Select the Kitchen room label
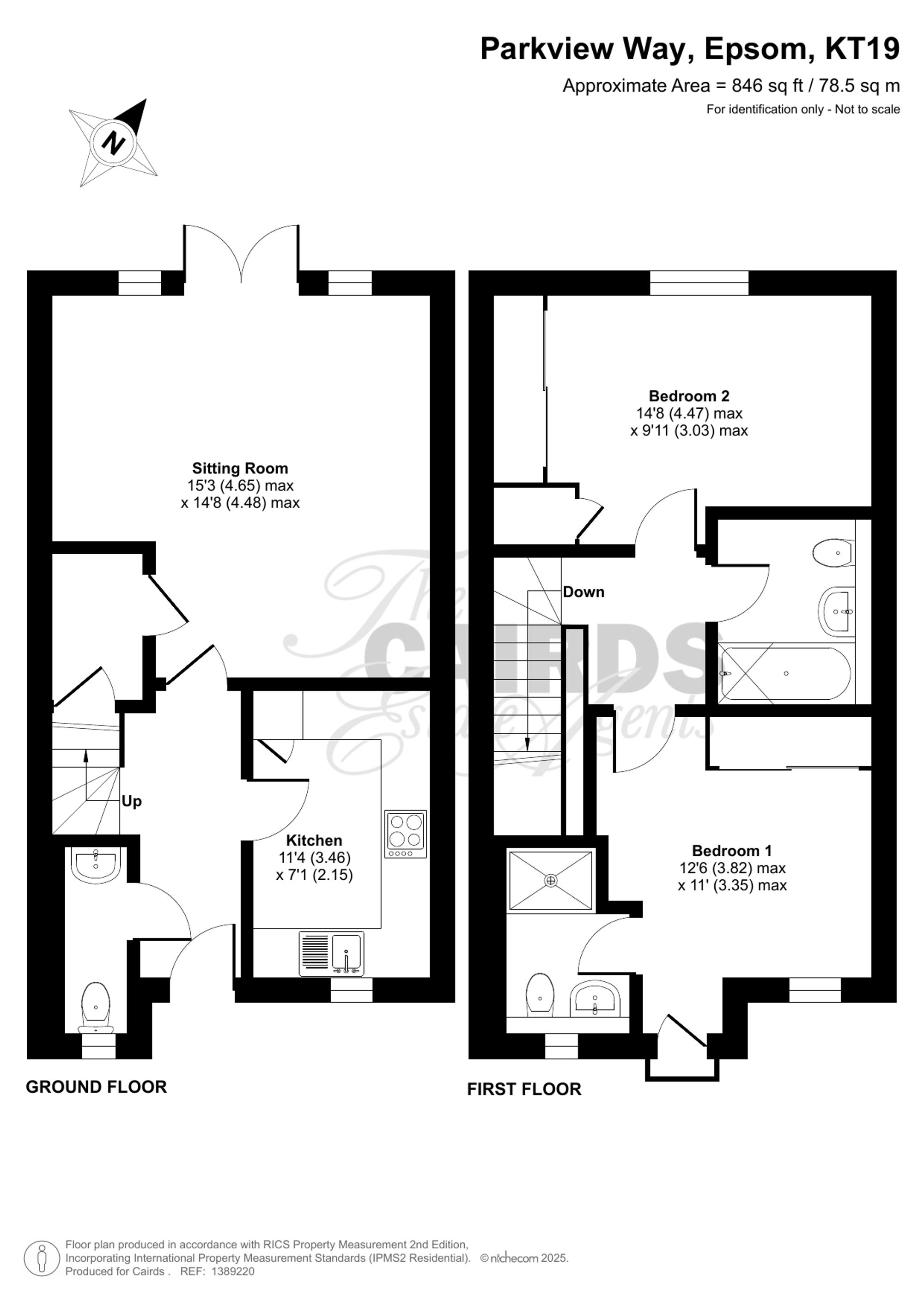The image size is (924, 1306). [x=314, y=840]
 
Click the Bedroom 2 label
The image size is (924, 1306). [x=688, y=396]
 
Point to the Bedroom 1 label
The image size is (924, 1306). [x=732, y=851]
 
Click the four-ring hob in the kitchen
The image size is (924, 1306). [x=405, y=833]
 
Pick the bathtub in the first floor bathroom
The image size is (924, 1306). [x=785, y=673]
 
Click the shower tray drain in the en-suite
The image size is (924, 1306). [x=550, y=881]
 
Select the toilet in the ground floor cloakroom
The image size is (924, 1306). [x=96, y=1007]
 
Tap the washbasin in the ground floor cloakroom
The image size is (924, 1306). [x=96, y=865]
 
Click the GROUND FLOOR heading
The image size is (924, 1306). [x=96, y=1087]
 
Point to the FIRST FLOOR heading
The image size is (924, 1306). [x=524, y=1089]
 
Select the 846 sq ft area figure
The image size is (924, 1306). [x=767, y=86]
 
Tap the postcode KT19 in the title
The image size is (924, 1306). [x=862, y=49]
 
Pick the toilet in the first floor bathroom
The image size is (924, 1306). [x=833, y=552]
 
